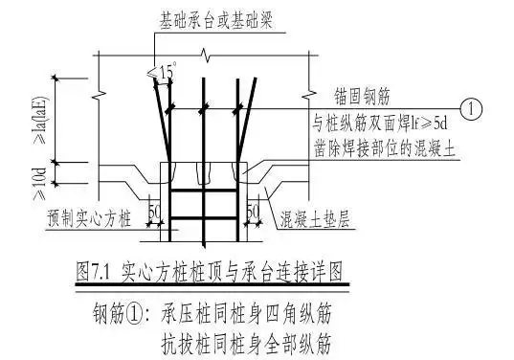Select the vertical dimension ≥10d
(40, 175)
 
